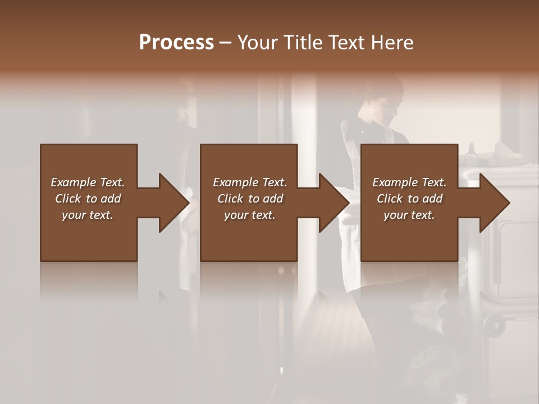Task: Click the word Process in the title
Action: (176, 43)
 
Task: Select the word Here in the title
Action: (392, 43)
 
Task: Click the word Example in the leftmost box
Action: (73, 182)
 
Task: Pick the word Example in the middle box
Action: (235, 182)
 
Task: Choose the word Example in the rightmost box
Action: (395, 182)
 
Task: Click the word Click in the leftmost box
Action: (68, 199)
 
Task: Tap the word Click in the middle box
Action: (230, 199)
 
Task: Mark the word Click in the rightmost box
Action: (390, 199)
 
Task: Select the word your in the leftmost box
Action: (74, 215)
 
